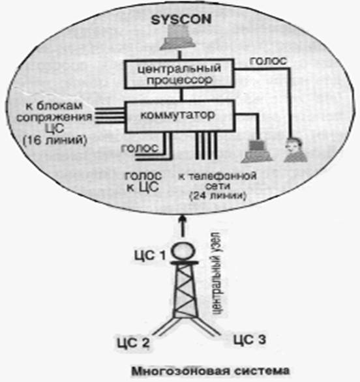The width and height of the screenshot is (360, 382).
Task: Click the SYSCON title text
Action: click(x=181, y=20)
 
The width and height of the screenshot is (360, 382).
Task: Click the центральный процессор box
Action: click(x=179, y=74)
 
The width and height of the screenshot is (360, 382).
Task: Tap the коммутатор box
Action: click(x=180, y=117)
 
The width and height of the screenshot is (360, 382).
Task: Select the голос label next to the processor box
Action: click(x=268, y=61)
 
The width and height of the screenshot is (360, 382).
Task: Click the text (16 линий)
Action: click(x=55, y=141)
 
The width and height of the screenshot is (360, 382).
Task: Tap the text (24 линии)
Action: click(x=218, y=196)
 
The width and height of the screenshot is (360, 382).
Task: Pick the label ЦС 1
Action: click(x=150, y=256)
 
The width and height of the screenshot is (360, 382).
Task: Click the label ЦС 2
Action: click(x=133, y=343)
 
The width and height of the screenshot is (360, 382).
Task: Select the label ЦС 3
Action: click(x=250, y=340)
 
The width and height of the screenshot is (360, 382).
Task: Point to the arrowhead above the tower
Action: click(x=183, y=219)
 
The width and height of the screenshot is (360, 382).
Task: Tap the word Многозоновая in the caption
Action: click(x=181, y=372)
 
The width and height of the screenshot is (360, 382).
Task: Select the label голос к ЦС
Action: click(x=143, y=182)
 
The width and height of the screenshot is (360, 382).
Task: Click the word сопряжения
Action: click(x=54, y=118)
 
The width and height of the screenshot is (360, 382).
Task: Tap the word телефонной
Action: click(x=217, y=176)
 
